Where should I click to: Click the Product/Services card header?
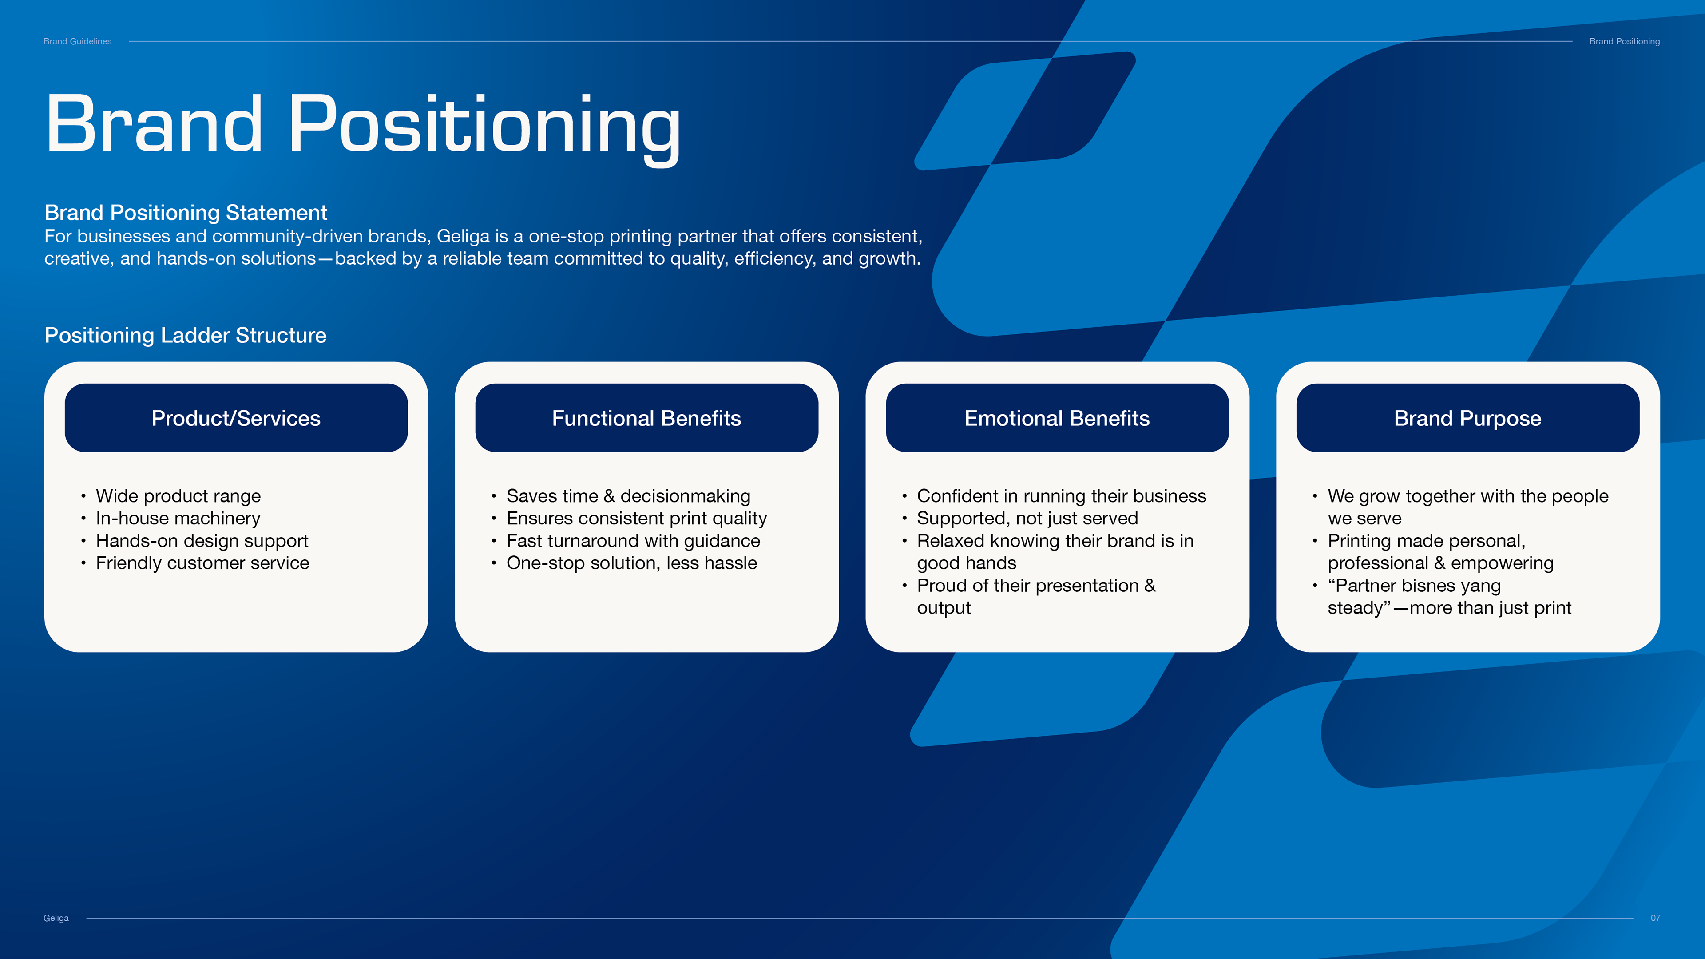click(236, 418)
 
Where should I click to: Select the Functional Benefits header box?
click(646, 418)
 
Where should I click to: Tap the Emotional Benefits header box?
click(1057, 418)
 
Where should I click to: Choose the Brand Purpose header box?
click(1468, 418)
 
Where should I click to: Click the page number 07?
click(1655, 918)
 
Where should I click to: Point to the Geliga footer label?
click(56, 918)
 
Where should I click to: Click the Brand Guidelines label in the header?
click(77, 41)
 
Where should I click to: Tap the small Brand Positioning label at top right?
click(1624, 41)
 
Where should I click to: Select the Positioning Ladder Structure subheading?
click(185, 336)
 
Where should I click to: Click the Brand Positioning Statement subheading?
click(186, 213)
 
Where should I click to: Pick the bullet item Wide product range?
click(178, 496)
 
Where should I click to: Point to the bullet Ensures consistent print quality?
click(637, 518)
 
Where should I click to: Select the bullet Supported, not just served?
click(1027, 518)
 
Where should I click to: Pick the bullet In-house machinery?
click(178, 518)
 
